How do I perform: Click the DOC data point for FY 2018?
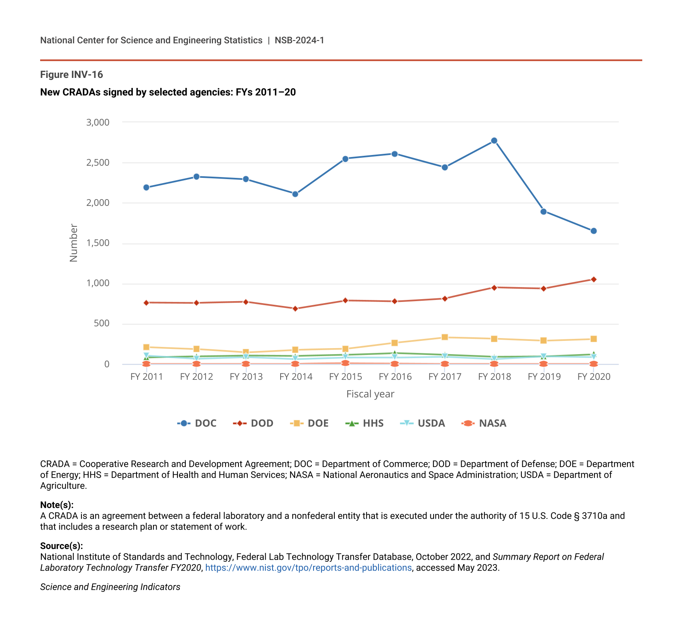tap(494, 141)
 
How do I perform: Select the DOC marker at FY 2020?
tap(594, 231)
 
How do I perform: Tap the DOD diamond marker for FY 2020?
tap(594, 279)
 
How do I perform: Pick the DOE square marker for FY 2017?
tap(445, 337)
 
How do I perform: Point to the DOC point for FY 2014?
tap(295, 194)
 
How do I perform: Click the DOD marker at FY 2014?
tap(295, 309)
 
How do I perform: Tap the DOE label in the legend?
tap(318, 423)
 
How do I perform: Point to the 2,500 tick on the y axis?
tap(98, 163)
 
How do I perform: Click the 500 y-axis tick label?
tap(101, 324)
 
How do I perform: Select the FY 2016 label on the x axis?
tap(395, 377)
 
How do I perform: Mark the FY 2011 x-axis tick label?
tap(147, 377)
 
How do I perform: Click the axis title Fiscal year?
tap(370, 394)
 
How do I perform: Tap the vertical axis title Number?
tap(73, 243)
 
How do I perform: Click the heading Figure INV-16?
tap(71, 75)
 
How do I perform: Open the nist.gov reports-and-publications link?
tap(308, 568)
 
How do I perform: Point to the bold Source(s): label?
tap(61, 546)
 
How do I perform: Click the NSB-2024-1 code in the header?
tap(299, 40)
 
